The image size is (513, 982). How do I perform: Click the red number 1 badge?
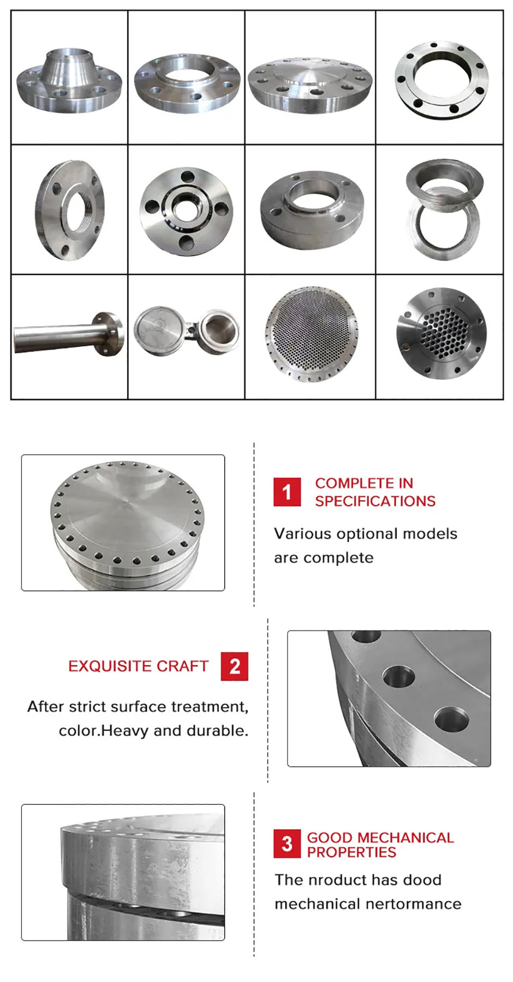(x=287, y=492)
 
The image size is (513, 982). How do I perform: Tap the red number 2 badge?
(x=235, y=666)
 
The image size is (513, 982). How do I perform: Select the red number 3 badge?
(x=287, y=844)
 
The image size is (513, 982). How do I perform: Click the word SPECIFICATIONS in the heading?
(x=375, y=501)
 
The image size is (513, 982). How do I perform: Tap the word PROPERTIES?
(x=351, y=852)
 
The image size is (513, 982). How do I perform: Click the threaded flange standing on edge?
(x=69, y=210)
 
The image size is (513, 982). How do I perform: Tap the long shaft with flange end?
(x=69, y=334)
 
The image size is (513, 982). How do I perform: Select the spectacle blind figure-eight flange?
(x=186, y=331)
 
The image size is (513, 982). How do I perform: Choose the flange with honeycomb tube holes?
(x=440, y=334)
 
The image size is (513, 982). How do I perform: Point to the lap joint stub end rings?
(x=444, y=210)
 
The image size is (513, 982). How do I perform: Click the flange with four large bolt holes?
(x=186, y=211)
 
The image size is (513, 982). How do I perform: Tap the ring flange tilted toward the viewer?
(x=442, y=80)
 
